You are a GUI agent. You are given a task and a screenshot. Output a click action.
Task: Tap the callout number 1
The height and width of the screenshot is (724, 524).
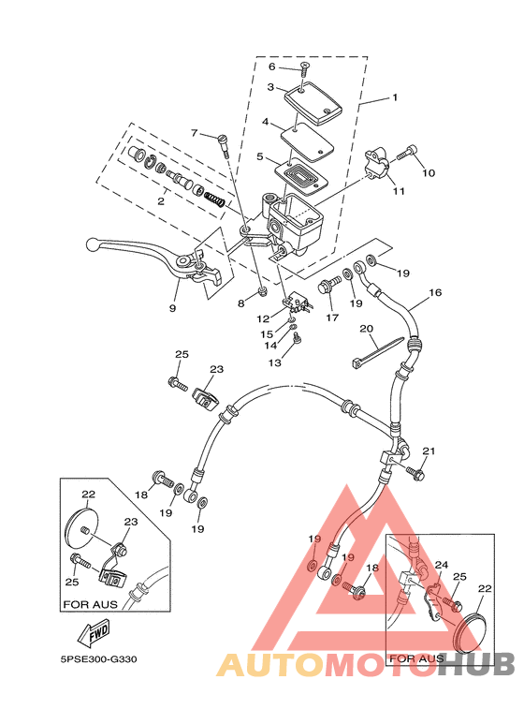click(x=395, y=97)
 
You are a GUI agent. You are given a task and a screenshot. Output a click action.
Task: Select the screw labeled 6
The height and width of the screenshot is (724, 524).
click(x=304, y=69)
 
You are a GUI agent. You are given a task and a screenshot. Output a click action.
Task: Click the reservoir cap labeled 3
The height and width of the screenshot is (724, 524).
click(x=313, y=103)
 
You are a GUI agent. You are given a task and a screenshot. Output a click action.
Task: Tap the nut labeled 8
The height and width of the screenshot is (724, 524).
click(x=262, y=291)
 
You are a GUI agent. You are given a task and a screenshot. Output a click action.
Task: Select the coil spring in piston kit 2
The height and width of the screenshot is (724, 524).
click(x=214, y=199)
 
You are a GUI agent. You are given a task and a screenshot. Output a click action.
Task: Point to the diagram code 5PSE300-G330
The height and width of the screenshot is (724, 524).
click(x=98, y=659)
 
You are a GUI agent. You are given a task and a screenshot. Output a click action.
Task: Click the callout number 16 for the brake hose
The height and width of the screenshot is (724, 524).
click(x=435, y=292)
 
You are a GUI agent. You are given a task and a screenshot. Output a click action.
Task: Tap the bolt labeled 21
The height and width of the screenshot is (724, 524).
click(x=415, y=473)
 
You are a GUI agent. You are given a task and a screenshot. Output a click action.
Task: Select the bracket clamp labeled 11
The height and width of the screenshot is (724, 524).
click(x=377, y=163)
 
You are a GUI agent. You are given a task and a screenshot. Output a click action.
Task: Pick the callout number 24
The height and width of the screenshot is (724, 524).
click(x=442, y=565)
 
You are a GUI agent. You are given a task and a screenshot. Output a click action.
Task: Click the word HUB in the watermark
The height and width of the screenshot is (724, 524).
click(x=476, y=664)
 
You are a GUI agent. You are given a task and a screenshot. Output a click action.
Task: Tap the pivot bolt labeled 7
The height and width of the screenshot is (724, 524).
click(x=224, y=144)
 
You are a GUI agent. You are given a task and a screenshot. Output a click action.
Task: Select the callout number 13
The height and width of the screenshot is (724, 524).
click(x=274, y=362)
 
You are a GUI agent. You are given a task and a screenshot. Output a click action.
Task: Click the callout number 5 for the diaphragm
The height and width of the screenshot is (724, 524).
click(x=261, y=157)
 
